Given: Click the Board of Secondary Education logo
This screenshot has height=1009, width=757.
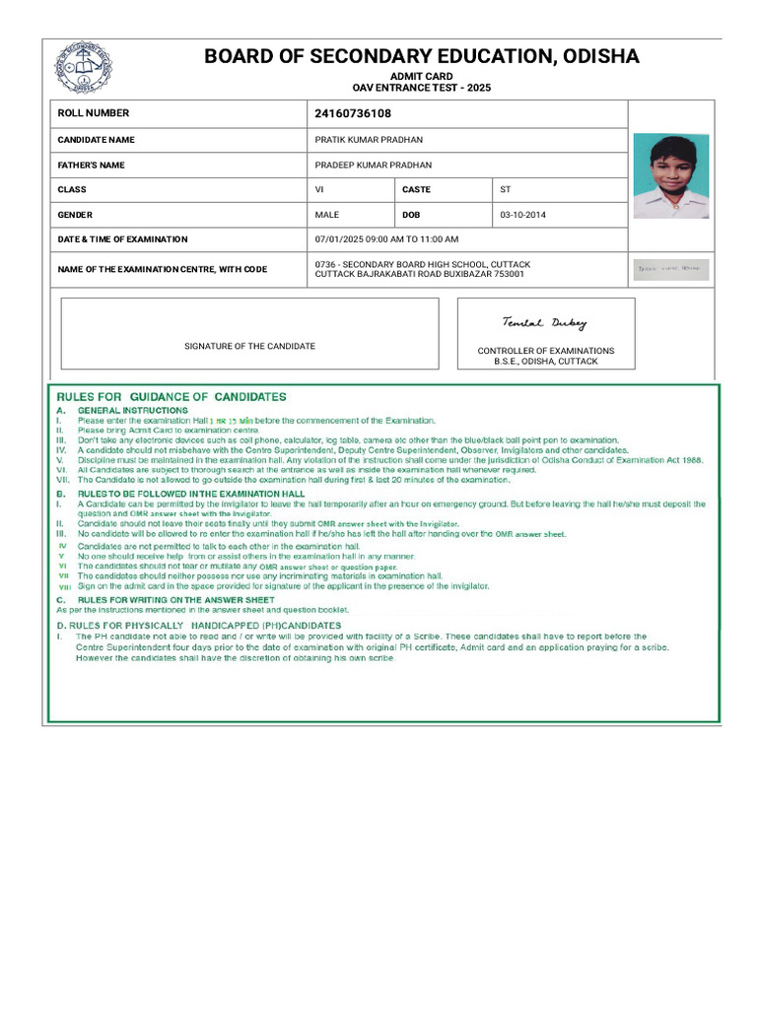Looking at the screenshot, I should click(83, 67).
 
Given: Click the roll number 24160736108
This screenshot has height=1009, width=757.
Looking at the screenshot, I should click(352, 113).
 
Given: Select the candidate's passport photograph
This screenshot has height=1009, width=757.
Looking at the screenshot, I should click(670, 176).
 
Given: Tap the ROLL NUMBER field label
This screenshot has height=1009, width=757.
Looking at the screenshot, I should click(93, 113).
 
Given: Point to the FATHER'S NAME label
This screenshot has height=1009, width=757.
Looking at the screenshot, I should click(91, 166).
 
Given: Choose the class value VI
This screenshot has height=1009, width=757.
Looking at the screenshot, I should click(319, 189).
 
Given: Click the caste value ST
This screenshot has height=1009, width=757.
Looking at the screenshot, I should click(506, 189).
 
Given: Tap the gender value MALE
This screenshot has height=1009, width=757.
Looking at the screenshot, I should click(327, 215).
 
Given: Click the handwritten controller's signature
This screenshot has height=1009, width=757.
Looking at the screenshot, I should click(544, 323).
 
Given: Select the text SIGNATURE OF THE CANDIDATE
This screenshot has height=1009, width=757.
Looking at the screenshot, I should click(249, 346).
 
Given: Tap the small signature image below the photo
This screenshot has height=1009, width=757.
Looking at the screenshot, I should click(670, 269).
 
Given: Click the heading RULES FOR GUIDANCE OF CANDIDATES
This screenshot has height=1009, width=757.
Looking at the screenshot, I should click(172, 397).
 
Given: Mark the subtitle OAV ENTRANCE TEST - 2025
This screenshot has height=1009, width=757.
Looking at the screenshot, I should click(421, 88).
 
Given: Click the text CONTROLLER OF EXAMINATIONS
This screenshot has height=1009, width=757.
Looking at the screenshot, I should click(545, 351).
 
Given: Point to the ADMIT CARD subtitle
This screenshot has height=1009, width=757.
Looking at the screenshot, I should click(421, 77).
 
